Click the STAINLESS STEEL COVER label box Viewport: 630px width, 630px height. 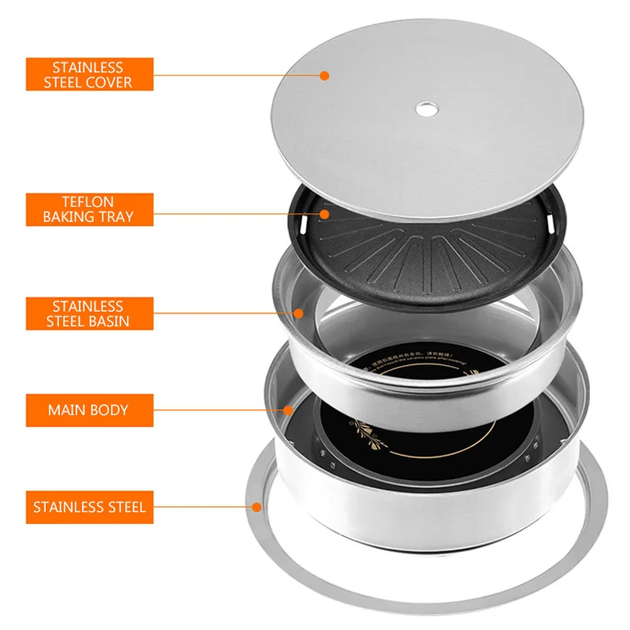(x=89, y=74)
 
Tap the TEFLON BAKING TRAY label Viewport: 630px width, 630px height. (x=89, y=209)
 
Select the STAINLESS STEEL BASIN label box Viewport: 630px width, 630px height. (x=89, y=313)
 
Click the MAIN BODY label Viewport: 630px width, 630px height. (x=89, y=410)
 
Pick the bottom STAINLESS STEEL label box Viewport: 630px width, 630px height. (x=89, y=506)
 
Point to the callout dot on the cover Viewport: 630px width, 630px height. (x=324, y=75)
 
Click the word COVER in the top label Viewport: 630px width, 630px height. (x=110, y=83)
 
